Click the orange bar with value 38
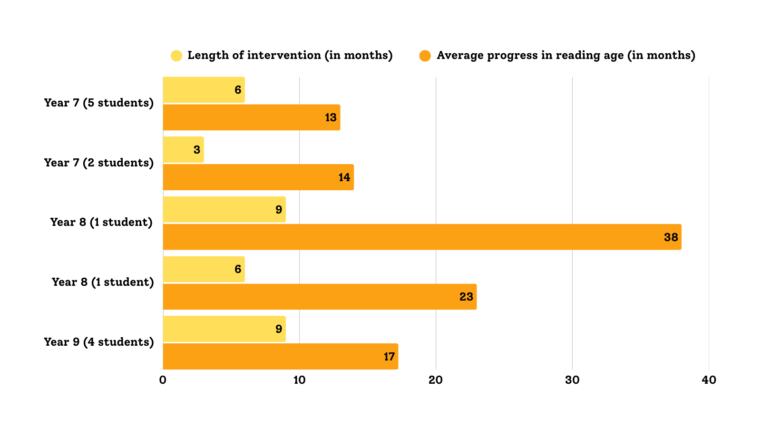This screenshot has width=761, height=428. point(422,237)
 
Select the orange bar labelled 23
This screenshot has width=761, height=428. point(320,297)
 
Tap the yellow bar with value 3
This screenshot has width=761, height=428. point(184,150)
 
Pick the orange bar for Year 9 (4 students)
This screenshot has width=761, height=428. point(281,357)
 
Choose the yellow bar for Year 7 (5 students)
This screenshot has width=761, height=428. point(204,90)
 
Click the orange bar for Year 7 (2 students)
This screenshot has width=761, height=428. point(259,177)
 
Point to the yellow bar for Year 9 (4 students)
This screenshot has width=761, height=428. point(224,329)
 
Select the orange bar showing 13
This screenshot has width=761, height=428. point(252,117)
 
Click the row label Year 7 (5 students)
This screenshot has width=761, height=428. point(99,103)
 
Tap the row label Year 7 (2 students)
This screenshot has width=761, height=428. point(99,163)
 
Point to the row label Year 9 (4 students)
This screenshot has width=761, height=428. point(99,342)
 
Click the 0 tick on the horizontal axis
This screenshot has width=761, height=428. point(163,380)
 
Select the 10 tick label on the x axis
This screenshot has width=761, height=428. point(299,380)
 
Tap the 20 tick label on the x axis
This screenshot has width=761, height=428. point(436,380)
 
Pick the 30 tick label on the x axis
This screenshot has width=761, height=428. point(572,380)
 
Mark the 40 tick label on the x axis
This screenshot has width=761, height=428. point(709,380)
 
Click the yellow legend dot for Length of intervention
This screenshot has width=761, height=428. point(176,56)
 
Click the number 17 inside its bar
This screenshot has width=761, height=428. point(390,357)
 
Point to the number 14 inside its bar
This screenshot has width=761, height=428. point(344,177)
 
